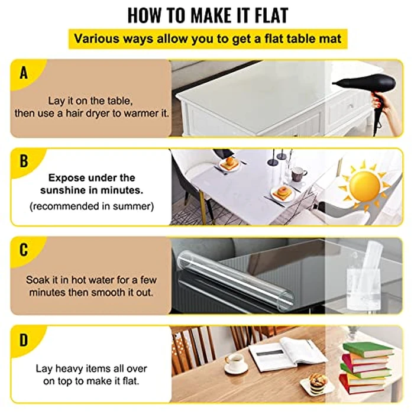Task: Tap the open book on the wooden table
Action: [287, 354]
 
